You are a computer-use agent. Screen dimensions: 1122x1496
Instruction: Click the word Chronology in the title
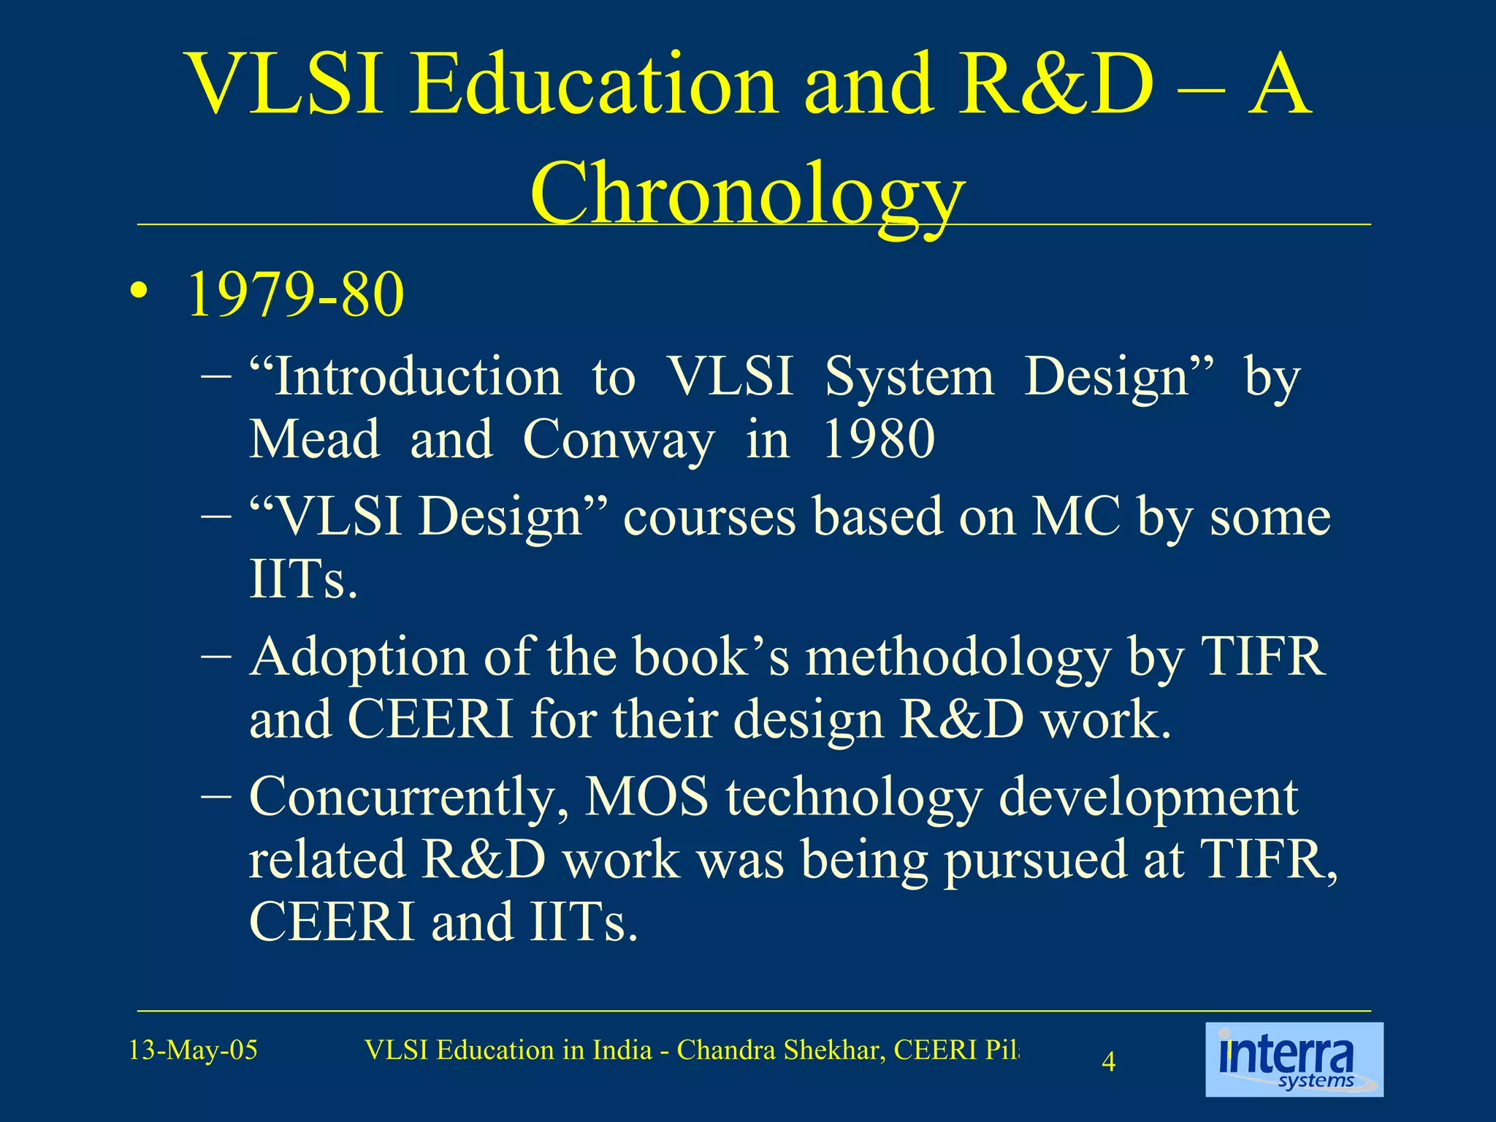point(747,194)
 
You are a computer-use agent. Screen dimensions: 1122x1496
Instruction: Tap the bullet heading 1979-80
point(295,294)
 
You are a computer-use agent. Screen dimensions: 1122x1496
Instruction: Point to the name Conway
point(618,440)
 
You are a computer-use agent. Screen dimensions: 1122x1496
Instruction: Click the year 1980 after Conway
point(878,440)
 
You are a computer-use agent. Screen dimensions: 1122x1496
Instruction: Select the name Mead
point(314,440)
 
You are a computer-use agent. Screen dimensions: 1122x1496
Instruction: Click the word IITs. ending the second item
point(303,579)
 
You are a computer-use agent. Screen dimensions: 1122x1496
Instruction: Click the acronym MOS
point(646,798)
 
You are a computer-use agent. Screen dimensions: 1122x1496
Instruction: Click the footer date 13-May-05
point(193,1050)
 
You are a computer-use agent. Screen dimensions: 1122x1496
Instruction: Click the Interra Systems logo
point(1294,1059)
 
